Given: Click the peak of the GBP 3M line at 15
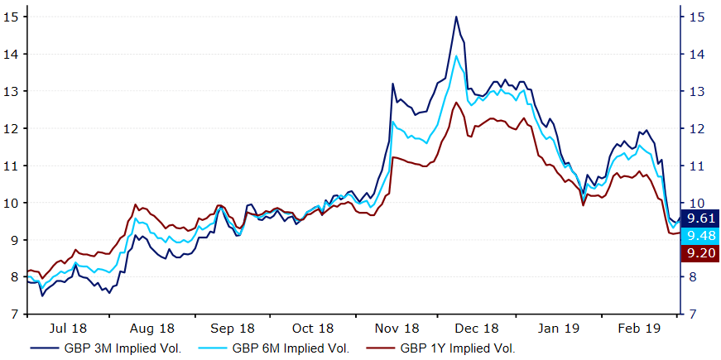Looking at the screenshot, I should click(x=456, y=17).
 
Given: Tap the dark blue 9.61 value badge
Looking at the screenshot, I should click(x=699, y=219).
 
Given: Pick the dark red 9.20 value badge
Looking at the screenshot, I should click(x=699, y=254).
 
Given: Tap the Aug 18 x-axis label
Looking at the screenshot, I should click(x=153, y=328).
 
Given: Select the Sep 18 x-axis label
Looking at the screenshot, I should click(x=233, y=328).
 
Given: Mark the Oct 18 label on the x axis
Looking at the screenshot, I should click(x=314, y=328).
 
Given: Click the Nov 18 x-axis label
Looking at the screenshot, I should click(x=395, y=328).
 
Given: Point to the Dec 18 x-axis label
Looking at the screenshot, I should click(x=477, y=328).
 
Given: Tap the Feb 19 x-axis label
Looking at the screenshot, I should click(x=637, y=328).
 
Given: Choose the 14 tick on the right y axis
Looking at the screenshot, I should click(x=697, y=54).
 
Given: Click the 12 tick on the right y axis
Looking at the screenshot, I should click(x=697, y=128).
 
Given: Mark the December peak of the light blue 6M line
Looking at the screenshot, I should click(x=456, y=56).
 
